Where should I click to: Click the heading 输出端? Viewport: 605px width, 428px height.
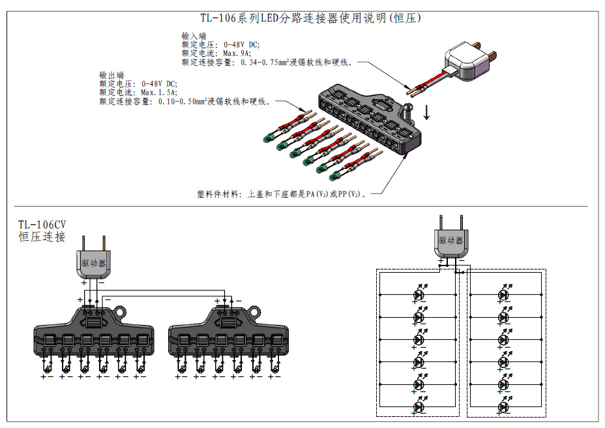tap(111, 75)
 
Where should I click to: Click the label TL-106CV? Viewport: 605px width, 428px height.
tap(42, 225)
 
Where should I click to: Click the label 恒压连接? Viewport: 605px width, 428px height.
tap(42, 237)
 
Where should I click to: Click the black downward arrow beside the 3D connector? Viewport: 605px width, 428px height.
tap(427, 112)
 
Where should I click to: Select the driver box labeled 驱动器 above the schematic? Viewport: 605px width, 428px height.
tap(450, 241)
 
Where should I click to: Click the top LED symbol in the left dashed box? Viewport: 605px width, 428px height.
tap(418, 295)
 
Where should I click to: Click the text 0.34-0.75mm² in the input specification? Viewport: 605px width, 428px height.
tap(266, 63)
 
